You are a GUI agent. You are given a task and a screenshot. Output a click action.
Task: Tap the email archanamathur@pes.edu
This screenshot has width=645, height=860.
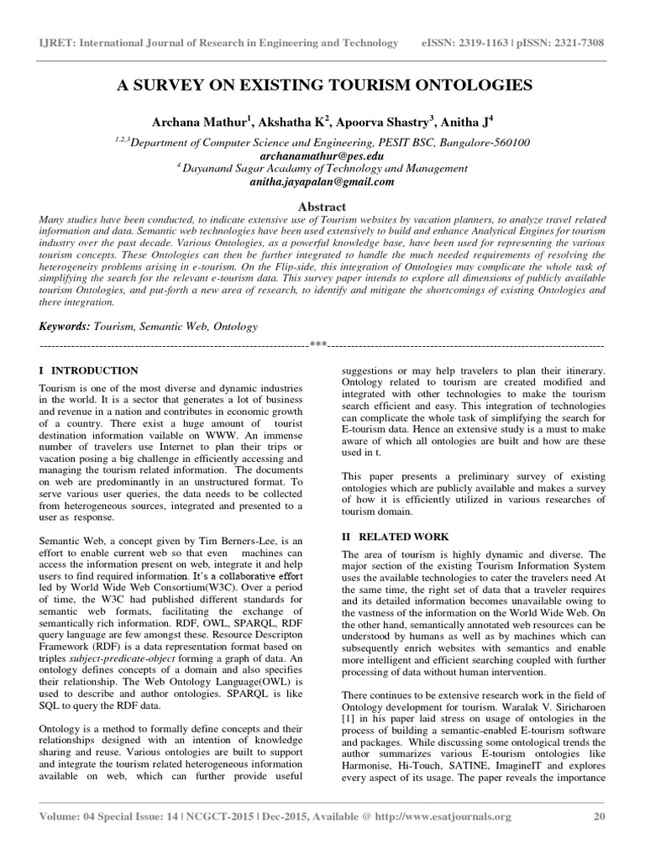tap(322, 155)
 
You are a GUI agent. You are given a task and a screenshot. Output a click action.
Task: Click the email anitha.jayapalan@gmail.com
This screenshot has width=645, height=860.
tap(322, 181)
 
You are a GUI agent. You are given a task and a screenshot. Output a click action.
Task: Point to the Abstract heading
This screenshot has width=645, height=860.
tap(322, 206)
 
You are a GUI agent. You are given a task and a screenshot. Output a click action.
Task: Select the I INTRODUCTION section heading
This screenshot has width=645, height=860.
tap(89, 370)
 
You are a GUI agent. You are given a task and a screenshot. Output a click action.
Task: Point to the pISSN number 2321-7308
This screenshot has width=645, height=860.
tap(582, 43)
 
